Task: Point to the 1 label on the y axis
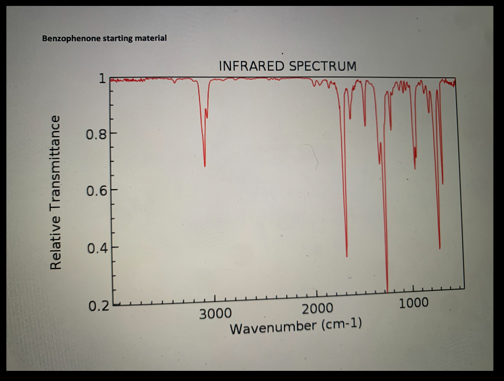[x=101, y=78]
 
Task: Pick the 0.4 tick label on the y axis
[x=97, y=248]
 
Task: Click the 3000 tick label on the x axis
[x=215, y=314]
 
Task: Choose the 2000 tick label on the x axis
[x=317, y=309]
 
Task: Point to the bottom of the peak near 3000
[x=205, y=166]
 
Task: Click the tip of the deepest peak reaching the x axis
[x=387, y=291]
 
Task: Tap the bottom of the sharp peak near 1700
[x=347, y=256]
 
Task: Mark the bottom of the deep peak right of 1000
[x=439, y=249]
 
